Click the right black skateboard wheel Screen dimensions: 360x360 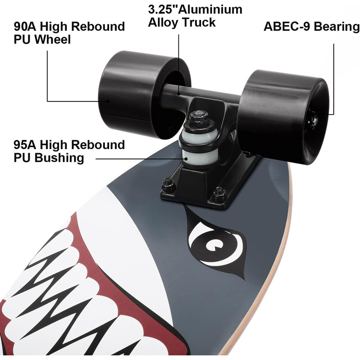[283, 117]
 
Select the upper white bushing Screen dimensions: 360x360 [199, 136]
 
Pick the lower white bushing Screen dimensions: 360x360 [199, 157]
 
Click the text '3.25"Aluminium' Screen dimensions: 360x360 [195, 10]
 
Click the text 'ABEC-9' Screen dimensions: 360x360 [287, 27]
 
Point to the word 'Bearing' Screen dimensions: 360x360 [336, 27]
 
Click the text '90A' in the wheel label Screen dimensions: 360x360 [25, 26]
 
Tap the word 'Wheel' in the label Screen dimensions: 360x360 [53, 40]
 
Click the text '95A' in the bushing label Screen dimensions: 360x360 [25, 145]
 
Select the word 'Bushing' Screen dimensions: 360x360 [59, 158]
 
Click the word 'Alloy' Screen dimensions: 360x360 [163, 23]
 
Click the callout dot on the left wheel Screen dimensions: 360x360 [107, 101]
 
